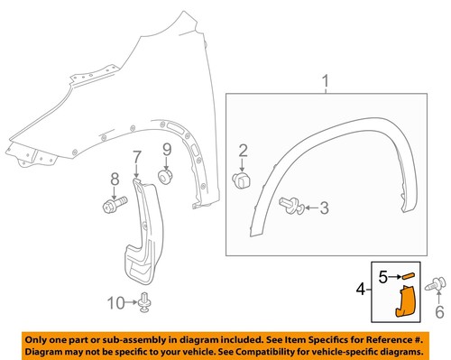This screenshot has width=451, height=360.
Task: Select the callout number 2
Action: (242, 150)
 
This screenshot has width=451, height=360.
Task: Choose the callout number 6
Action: (441, 312)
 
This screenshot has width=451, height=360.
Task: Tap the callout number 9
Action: (166, 149)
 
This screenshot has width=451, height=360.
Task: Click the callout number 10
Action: (113, 301)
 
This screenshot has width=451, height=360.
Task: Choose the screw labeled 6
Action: (440, 286)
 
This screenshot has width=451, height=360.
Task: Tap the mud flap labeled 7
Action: (144, 239)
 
